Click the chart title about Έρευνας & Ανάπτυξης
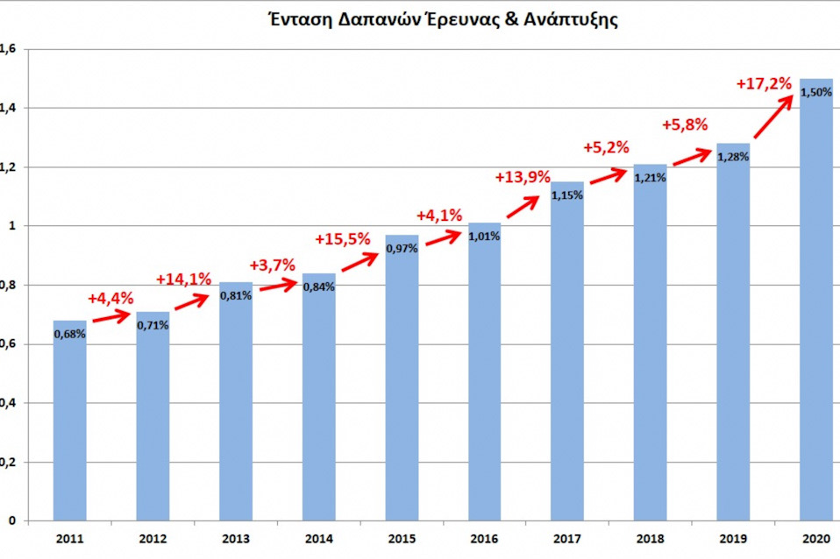pos(443,20)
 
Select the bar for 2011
pos(69,421)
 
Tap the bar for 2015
pos(402,378)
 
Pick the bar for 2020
pos(816,300)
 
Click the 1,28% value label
pos(733,157)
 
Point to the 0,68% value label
pos(69,334)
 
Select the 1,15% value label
pos(567,195)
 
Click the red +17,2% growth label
pos(764,83)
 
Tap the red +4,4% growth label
pos(110,298)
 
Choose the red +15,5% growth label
pos(343,239)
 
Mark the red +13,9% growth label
pos(523,177)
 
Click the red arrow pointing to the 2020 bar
pos(773,117)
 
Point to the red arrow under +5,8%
pos(692,157)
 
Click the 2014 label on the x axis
pos(319,539)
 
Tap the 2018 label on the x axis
pos(651,539)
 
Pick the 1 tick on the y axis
pos(11,226)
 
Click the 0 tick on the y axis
pos(11,520)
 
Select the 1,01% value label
pos(484,237)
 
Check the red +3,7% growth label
pos(272,265)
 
